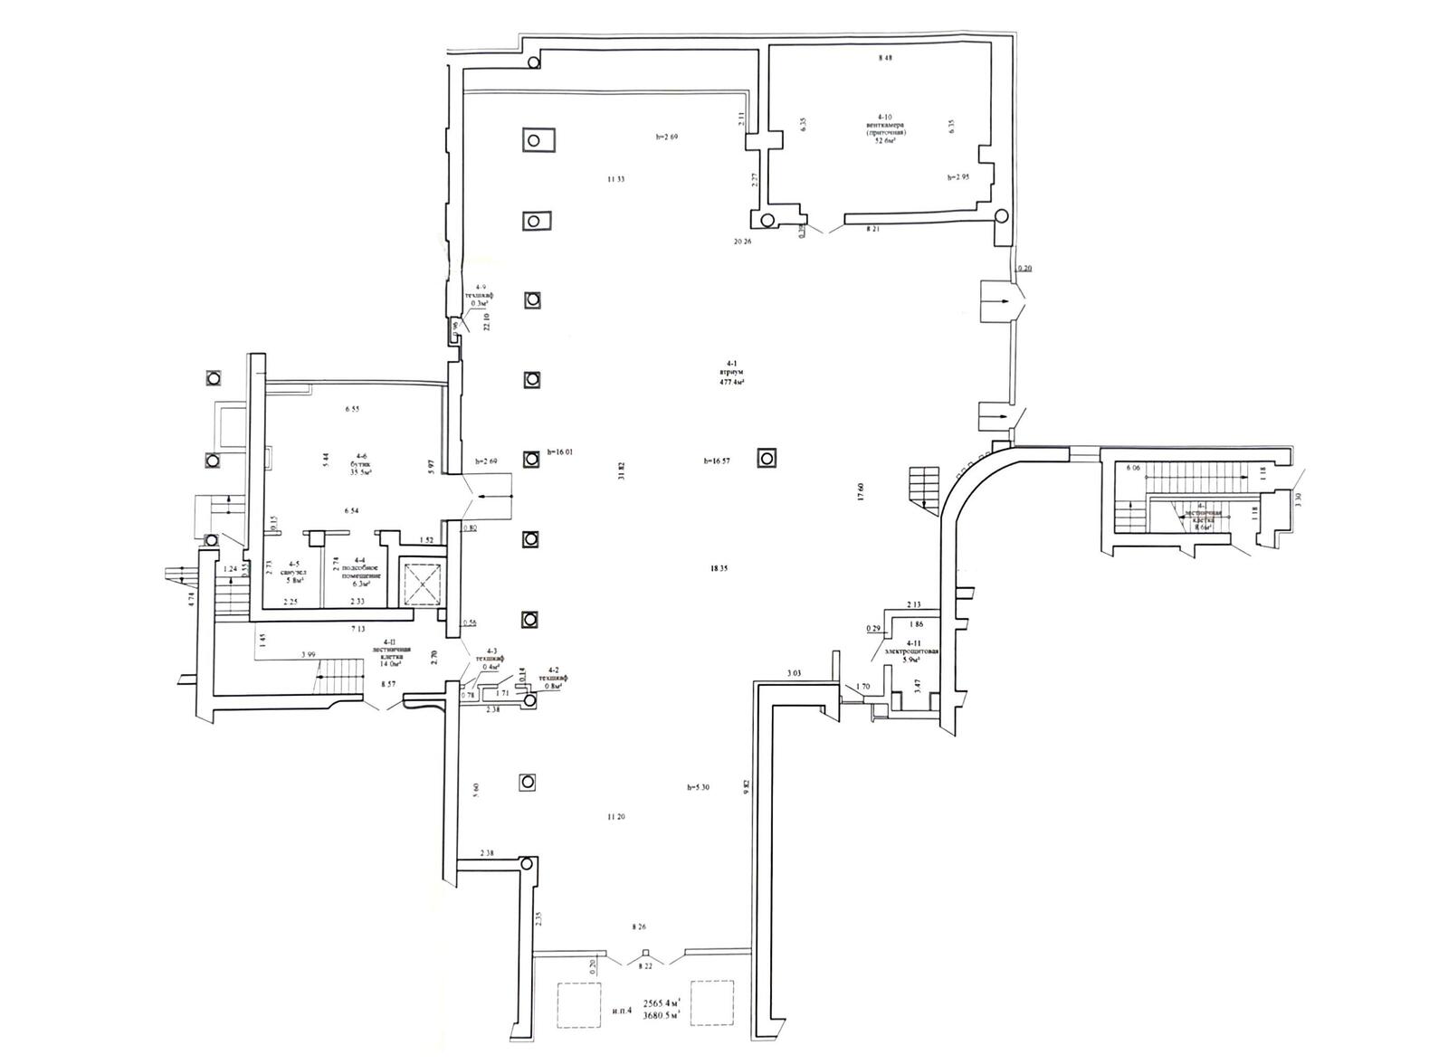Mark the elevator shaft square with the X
[421, 584]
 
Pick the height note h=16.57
[717, 461]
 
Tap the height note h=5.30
[698, 787]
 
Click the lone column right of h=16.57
[767, 458]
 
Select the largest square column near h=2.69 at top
[537, 140]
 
